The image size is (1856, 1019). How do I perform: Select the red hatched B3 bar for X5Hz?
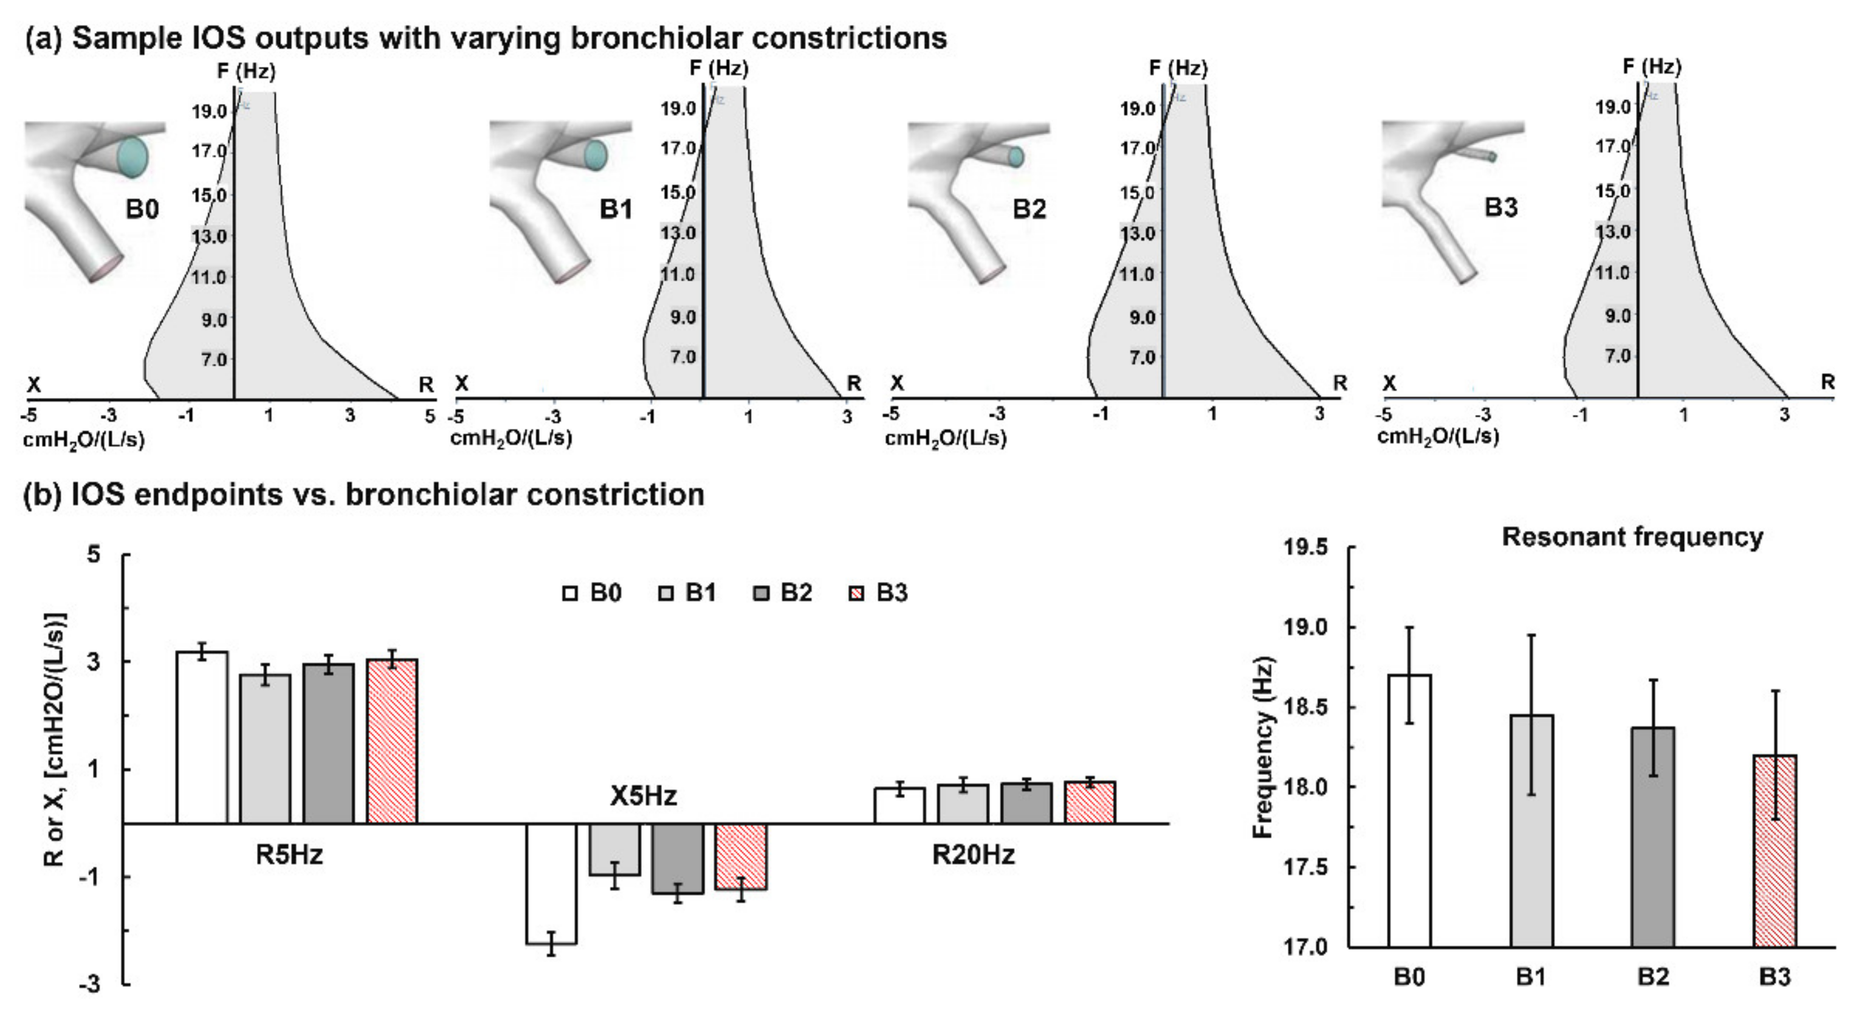tap(741, 856)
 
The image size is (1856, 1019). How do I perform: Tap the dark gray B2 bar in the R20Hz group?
tap(1026, 803)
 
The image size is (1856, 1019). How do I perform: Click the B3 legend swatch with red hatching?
tap(858, 594)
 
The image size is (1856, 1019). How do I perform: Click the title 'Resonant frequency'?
tap(1632, 537)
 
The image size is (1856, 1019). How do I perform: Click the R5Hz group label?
tap(289, 855)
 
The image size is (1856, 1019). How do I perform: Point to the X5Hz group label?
tap(644, 796)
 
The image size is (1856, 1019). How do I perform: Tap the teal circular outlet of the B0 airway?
tap(132, 155)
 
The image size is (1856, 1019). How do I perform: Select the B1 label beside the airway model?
tap(616, 209)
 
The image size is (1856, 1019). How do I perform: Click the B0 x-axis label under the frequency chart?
tap(1409, 977)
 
